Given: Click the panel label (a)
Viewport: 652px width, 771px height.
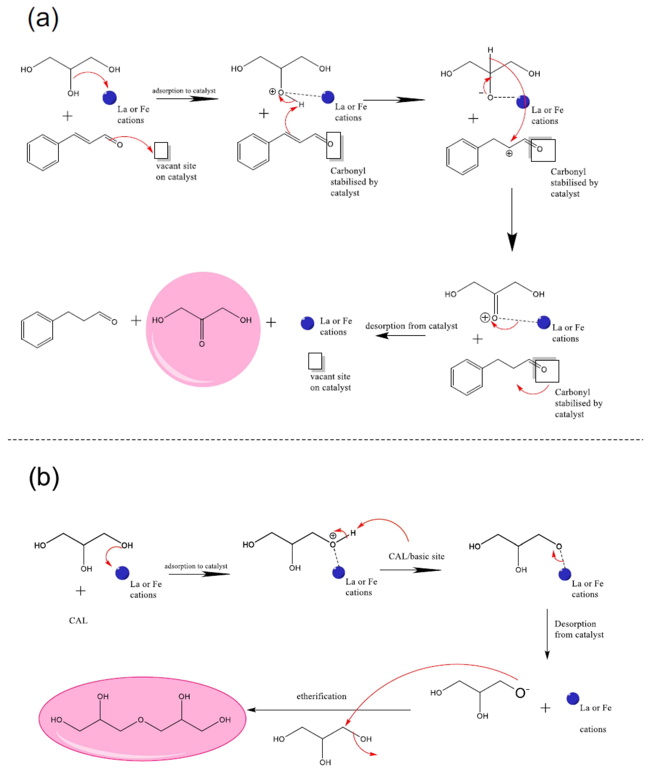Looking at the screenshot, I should click(43, 19).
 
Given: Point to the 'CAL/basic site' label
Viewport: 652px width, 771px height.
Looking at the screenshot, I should click(416, 556).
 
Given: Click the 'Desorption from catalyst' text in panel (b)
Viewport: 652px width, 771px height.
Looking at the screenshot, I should click(578, 629).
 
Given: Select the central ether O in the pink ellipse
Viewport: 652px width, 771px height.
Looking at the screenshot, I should click(140, 720).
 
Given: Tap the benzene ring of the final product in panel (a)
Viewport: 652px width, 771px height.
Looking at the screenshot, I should click(37, 330).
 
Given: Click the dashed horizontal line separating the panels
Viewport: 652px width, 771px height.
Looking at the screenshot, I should click(325, 439).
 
